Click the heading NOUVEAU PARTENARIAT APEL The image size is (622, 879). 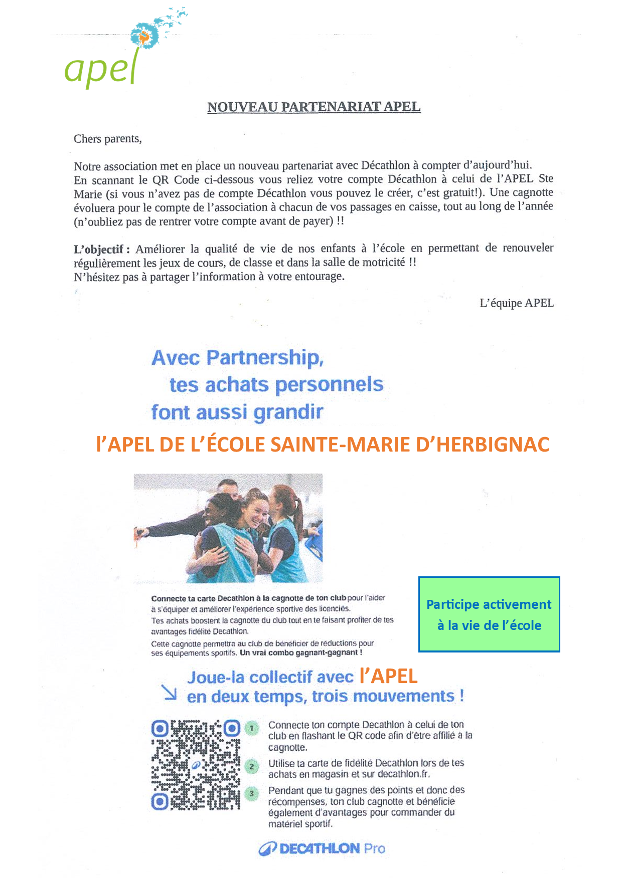pos(314,107)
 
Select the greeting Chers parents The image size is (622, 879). pos(107,139)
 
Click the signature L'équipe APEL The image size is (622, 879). pos(516,303)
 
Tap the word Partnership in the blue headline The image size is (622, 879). pos(265,358)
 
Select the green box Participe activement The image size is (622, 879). pos(489,614)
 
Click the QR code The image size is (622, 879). pos(196,765)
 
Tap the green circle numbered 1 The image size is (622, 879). pos(252,728)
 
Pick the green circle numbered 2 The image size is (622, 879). pos(252,766)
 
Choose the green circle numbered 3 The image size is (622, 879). pos(252,794)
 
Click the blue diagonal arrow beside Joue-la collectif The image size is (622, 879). pos(170,692)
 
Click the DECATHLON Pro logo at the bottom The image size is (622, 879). pos(322,848)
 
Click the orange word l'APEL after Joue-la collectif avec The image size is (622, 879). pos(388,677)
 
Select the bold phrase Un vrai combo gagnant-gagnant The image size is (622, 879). pos(301,652)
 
